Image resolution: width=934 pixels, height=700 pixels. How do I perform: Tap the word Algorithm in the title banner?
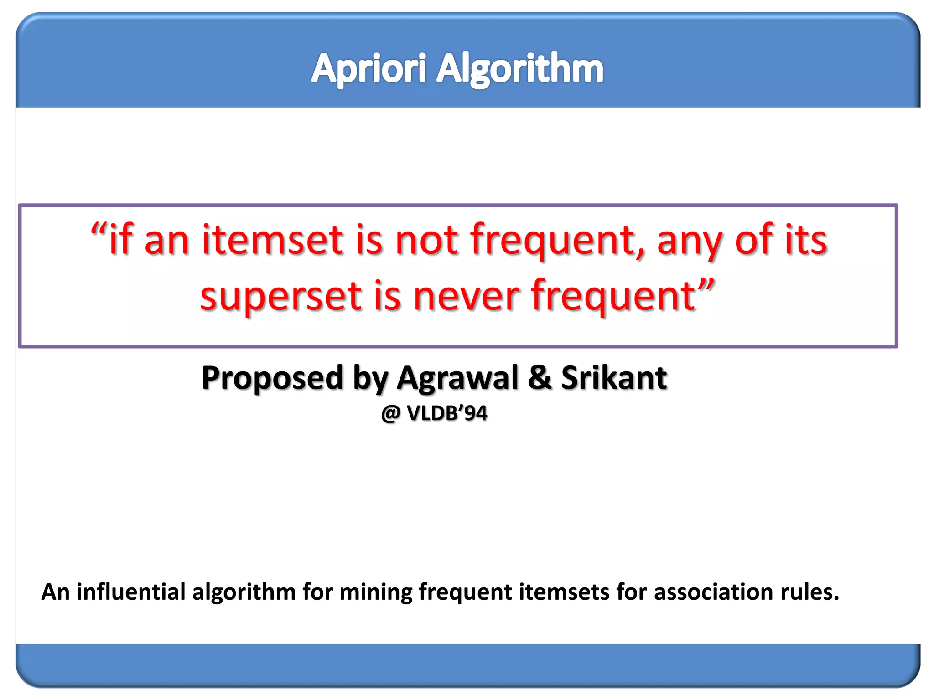point(520,69)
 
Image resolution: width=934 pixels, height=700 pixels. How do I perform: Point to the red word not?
point(426,240)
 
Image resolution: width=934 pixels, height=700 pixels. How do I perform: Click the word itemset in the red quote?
point(272,240)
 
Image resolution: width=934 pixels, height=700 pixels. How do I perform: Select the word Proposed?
point(272,378)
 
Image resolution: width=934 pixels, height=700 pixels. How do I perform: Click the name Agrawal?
point(457,378)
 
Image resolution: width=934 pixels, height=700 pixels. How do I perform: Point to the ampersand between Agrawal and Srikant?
point(540,378)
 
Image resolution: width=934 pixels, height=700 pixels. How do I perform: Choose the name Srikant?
point(614,378)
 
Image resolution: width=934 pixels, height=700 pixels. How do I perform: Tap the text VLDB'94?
point(447,413)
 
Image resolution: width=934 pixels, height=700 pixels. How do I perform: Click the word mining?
point(376,592)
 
